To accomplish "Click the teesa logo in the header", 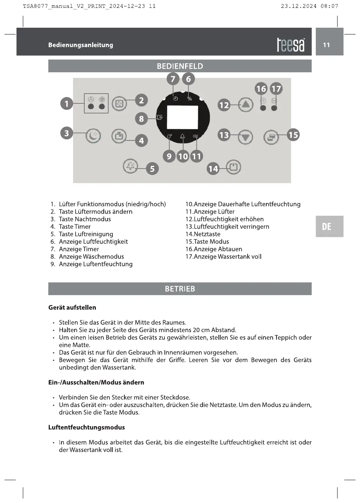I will pos(291,45).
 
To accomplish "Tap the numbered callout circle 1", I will pos(67,103).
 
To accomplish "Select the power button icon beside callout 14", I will pos(233,167).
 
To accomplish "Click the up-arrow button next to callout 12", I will pos(245,104).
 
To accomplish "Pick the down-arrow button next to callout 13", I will pos(245,137).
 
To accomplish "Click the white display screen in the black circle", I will pos(182,117).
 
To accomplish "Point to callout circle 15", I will pos(293,135).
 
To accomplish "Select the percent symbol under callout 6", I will pos(190,99).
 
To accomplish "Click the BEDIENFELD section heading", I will pos(180,66).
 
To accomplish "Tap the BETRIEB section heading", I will pos(180,289).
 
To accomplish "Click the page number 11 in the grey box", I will pos(327,45).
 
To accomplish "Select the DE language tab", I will pos(327,226).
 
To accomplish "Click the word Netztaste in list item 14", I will pos(207,234).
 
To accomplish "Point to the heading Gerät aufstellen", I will pos(72,307).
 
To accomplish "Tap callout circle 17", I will pos(276,89).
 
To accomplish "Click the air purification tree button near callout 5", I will pos(130,166).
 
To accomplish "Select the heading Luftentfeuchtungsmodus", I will pos(87,427).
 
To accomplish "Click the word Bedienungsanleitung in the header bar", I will pos(81,45).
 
